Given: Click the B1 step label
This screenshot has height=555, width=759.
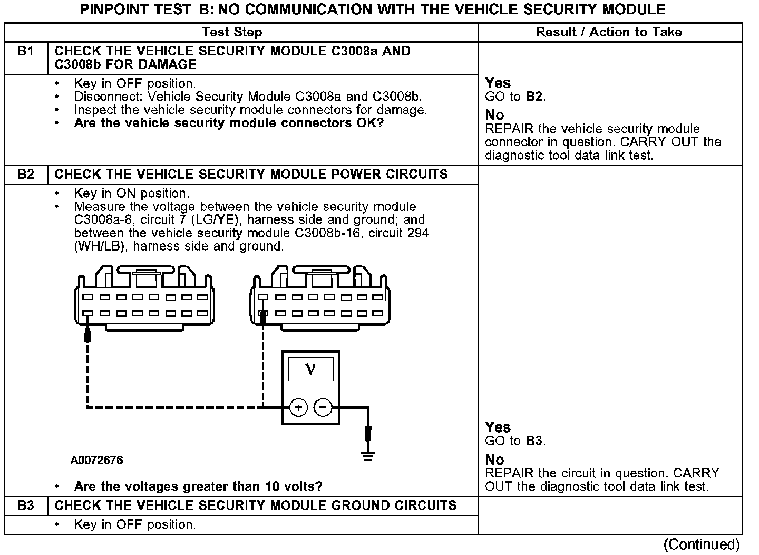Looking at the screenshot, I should (25, 51).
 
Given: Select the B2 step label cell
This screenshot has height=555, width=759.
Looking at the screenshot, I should (25, 175).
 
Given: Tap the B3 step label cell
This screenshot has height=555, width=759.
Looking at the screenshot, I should (25, 506).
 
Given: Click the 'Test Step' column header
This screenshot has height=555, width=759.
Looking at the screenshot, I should (232, 32).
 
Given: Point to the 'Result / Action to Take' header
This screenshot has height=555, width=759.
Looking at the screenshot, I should (609, 32).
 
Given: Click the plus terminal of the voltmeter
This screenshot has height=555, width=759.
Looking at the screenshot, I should (298, 407).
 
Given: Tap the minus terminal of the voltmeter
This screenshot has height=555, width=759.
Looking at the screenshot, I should (323, 407).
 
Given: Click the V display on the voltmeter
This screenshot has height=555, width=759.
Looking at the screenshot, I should (310, 369).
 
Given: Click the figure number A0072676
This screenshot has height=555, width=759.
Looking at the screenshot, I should (96, 460).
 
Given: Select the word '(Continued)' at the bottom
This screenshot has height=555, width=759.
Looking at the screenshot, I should (702, 544).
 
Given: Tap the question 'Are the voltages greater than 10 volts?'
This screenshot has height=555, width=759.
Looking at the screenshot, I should (198, 486).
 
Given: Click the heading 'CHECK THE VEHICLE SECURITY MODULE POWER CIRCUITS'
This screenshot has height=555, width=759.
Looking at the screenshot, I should (251, 175).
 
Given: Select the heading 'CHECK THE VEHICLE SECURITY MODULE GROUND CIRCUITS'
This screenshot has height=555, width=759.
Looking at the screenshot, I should (255, 506).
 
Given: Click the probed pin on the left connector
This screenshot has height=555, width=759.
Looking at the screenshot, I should (87, 313).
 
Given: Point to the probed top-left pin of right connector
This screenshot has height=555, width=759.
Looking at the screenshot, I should (263, 298).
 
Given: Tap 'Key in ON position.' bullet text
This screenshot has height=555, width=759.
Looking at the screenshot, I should (131, 194).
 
